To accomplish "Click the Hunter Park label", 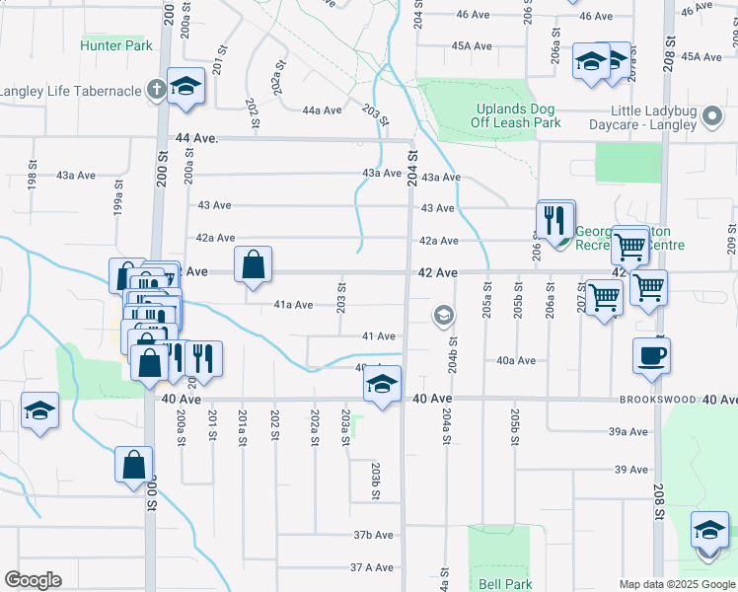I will tap(116, 45).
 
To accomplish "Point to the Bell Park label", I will tap(505, 584).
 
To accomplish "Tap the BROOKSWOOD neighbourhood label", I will tap(659, 401).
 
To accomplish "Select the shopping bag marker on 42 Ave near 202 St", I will tap(253, 263).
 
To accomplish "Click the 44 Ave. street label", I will tap(195, 139).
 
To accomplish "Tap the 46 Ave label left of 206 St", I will tap(473, 15).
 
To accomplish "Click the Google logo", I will tap(33, 580).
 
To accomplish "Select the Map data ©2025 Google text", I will tap(676, 584).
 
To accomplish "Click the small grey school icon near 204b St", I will tap(443, 316).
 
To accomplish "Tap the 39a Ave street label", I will tap(627, 432).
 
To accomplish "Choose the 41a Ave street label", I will tap(294, 305).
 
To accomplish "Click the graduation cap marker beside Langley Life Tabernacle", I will tap(184, 86).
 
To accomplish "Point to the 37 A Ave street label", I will tap(372, 567).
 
